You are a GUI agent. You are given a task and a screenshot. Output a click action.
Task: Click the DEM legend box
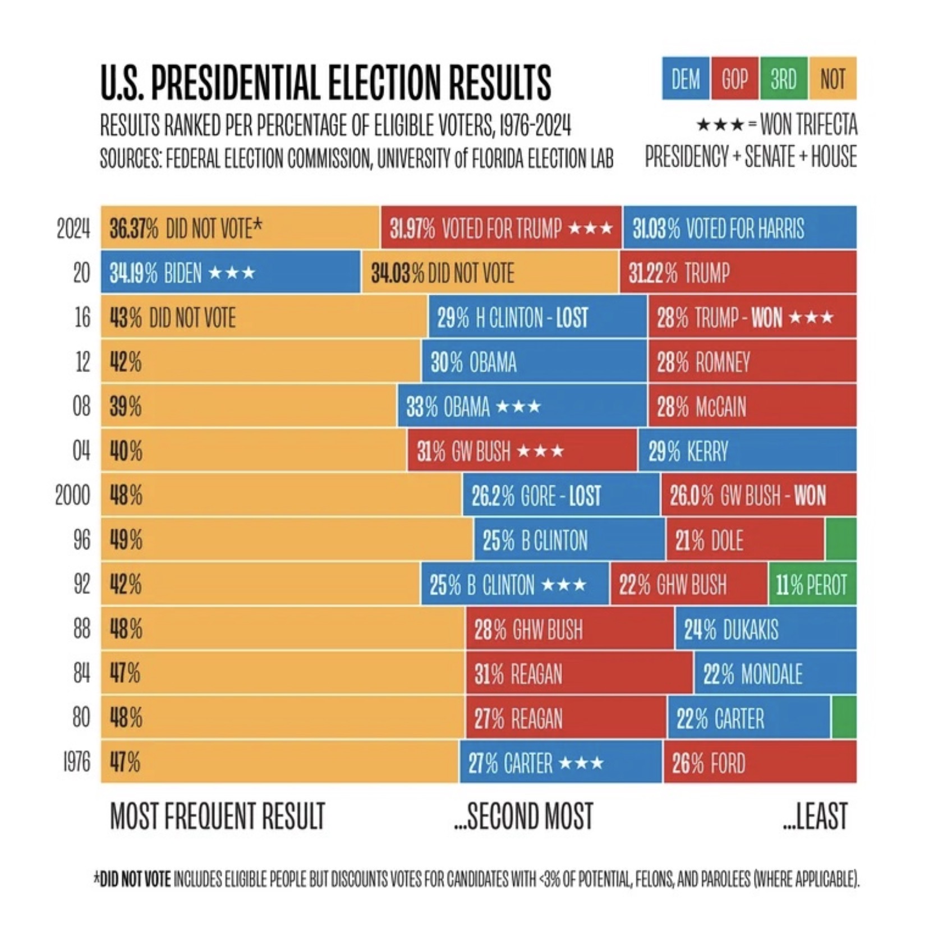[x=686, y=79]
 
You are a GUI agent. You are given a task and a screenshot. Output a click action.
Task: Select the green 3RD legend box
[x=783, y=79]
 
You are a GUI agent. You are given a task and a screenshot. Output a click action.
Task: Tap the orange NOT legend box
[x=833, y=79]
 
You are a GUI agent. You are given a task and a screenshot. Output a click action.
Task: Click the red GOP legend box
[x=734, y=79]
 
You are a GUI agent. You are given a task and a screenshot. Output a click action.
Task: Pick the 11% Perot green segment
[x=812, y=585]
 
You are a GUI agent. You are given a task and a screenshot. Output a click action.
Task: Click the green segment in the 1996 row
[x=840, y=540]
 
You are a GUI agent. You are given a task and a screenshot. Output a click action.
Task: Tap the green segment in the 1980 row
[x=844, y=718]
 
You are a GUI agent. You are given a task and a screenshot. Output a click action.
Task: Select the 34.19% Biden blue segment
[x=231, y=273]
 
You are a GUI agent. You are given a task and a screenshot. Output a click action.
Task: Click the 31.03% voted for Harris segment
[x=739, y=228]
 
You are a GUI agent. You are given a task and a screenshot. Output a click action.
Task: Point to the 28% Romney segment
[x=752, y=362]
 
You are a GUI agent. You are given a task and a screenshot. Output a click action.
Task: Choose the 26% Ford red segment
[x=760, y=763]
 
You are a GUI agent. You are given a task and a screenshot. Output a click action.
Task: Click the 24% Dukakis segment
[x=765, y=629]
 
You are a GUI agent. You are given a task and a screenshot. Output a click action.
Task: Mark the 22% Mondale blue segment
[x=775, y=673]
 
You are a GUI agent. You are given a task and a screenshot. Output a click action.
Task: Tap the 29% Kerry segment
[x=747, y=451]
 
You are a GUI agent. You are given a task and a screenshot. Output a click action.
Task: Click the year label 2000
[x=72, y=495]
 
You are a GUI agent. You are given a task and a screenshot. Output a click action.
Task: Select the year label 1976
[x=76, y=763]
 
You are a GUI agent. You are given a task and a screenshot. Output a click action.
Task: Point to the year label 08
[x=81, y=406]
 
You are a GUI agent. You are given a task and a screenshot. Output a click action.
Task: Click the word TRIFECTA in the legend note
[x=828, y=125]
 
